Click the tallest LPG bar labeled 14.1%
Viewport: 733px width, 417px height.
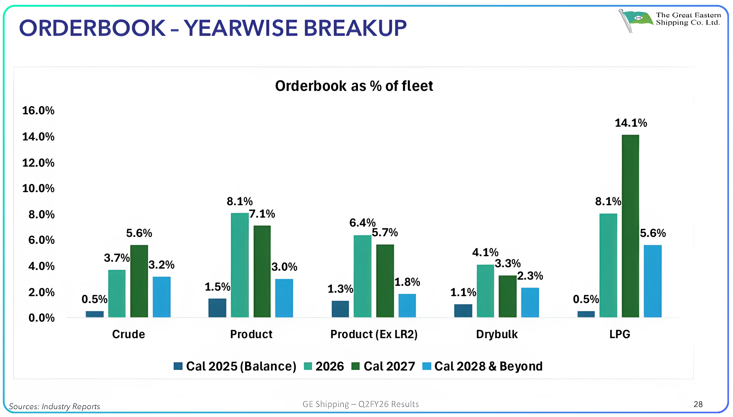(x=630, y=226)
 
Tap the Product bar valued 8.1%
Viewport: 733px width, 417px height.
(x=240, y=265)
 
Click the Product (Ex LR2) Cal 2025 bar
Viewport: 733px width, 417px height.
(x=340, y=309)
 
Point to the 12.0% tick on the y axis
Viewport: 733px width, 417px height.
(x=38, y=163)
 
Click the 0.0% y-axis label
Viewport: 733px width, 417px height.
(x=42, y=318)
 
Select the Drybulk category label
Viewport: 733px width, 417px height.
(x=497, y=334)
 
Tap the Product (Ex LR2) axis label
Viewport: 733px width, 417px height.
(x=374, y=334)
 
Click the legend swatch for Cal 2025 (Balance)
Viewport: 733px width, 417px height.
(x=178, y=366)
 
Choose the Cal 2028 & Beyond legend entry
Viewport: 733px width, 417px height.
(x=488, y=366)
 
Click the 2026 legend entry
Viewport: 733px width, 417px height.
(x=329, y=366)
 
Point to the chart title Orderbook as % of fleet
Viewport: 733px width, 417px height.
(x=354, y=86)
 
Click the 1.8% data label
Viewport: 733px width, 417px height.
(x=407, y=282)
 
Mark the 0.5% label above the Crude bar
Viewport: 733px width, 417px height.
(x=94, y=299)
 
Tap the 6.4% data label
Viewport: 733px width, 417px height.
(x=362, y=223)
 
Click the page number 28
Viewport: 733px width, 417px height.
(x=698, y=404)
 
